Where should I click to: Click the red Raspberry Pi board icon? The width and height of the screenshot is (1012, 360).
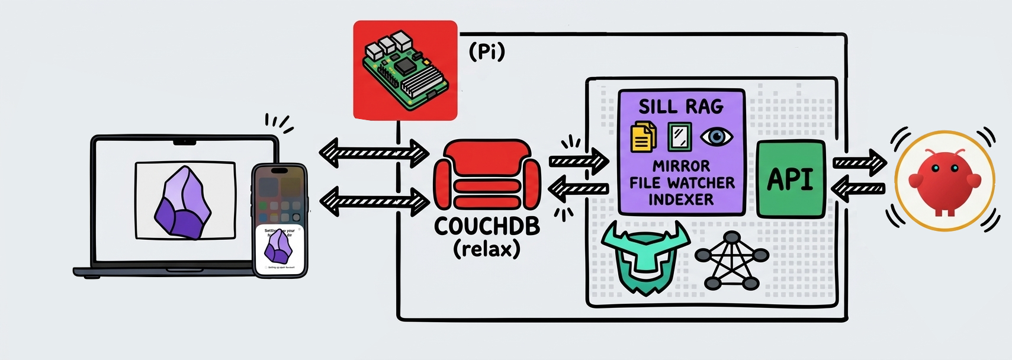(405, 70)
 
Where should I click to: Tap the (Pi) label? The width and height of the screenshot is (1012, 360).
(487, 52)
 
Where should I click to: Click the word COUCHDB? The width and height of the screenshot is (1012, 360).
(487, 226)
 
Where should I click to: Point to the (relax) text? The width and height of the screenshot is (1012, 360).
(487, 249)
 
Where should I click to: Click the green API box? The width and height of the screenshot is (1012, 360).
(791, 179)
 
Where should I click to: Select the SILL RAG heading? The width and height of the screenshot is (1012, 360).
(681, 107)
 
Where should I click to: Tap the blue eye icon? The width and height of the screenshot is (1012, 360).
(716, 137)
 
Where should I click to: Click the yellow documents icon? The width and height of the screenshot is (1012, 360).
(643, 137)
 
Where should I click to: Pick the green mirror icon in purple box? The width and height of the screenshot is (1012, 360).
(679, 137)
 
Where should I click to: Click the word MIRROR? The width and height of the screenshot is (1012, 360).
(681, 166)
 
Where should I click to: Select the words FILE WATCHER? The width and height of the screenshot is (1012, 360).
(682, 183)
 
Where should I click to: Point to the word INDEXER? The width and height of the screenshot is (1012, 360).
(681, 200)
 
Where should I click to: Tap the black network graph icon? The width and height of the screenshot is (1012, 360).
(732, 261)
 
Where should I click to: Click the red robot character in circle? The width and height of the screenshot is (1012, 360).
(944, 181)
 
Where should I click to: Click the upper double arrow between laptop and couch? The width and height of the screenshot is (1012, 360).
(374, 153)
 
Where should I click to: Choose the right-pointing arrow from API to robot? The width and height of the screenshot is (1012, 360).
(859, 163)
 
